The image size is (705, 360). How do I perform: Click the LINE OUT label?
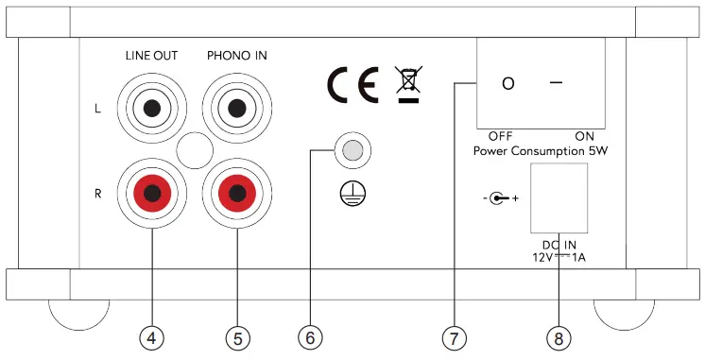pyautogui.click(x=151, y=56)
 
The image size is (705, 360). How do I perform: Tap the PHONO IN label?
pyautogui.click(x=236, y=56)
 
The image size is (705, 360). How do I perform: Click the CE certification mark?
pyautogui.click(x=353, y=85)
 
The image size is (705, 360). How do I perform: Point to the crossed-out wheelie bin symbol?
pyautogui.click(x=408, y=84)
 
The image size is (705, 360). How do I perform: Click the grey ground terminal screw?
pyautogui.click(x=352, y=149)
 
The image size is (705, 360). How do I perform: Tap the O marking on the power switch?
pyautogui.click(x=508, y=84)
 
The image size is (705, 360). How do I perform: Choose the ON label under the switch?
pyautogui.click(x=584, y=136)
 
